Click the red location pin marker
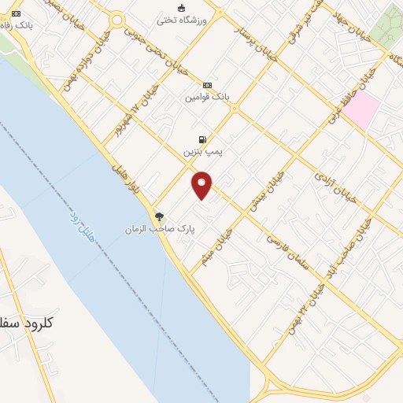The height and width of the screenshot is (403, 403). pos(202,183)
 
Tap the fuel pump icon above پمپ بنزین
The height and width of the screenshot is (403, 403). pos(205,139)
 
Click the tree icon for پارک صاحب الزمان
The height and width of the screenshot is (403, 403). pos(160,216)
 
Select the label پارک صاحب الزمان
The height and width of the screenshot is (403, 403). pos(160,229)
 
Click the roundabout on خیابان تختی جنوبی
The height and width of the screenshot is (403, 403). pos(117,20)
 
